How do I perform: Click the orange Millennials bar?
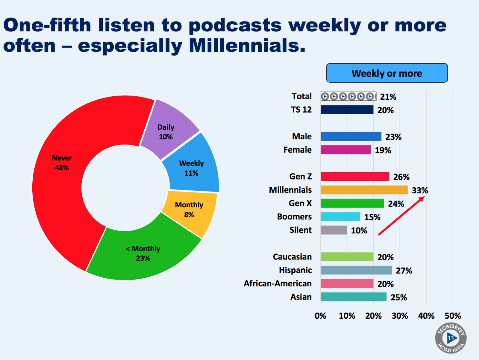(364, 190)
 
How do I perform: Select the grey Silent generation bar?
(334, 230)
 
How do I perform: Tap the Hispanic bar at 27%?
(356, 270)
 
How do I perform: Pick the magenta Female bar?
(345, 150)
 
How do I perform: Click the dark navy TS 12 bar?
(347, 110)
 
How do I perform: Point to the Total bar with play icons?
(348, 96)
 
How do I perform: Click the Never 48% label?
(62, 162)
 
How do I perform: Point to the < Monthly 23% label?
(143, 253)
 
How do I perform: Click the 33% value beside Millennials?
(420, 191)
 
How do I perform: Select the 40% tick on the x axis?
(426, 316)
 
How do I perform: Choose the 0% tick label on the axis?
(320, 316)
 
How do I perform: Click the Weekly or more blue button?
(387, 73)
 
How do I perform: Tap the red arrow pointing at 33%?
(401, 217)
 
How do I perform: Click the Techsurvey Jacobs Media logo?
(451, 338)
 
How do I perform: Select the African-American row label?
(278, 283)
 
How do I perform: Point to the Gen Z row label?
(300, 177)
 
